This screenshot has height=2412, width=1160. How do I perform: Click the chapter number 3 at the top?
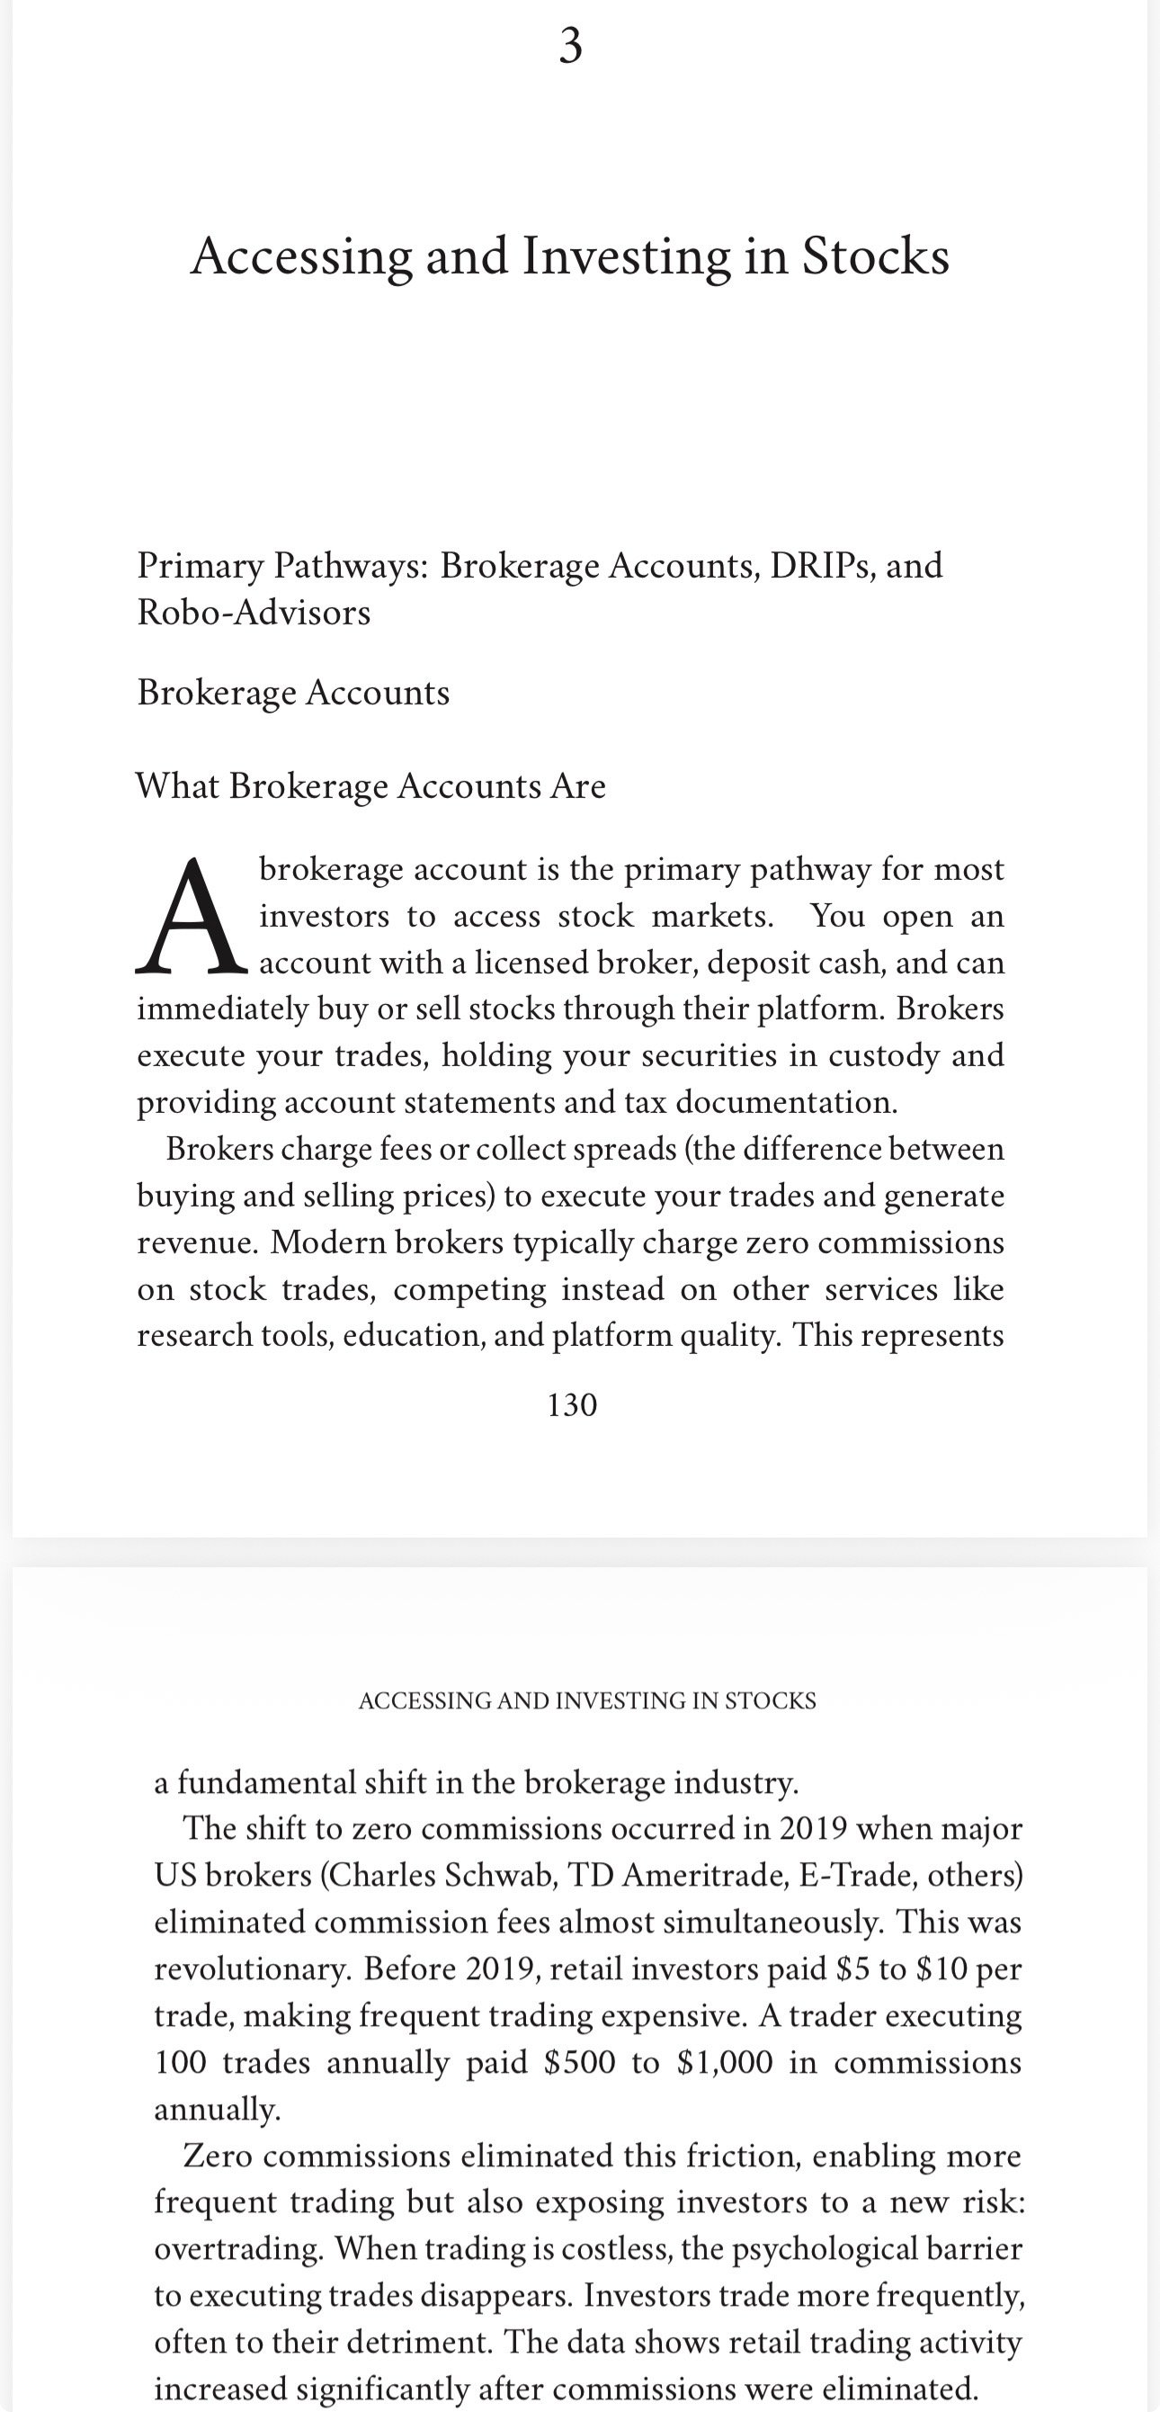[x=570, y=45]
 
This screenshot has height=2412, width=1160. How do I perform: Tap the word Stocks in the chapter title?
[x=874, y=256]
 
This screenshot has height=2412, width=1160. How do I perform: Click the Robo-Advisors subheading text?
[x=254, y=613]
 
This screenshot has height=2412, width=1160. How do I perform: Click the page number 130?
[x=571, y=1404]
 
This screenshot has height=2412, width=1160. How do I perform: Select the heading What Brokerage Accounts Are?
[x=370, y=785]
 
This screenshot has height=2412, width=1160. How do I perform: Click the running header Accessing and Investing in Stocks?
[x=587, y=1700]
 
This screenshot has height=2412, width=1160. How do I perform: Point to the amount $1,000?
[x=724, y=2062]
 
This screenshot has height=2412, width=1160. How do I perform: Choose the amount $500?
[x=579, y=2062]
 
